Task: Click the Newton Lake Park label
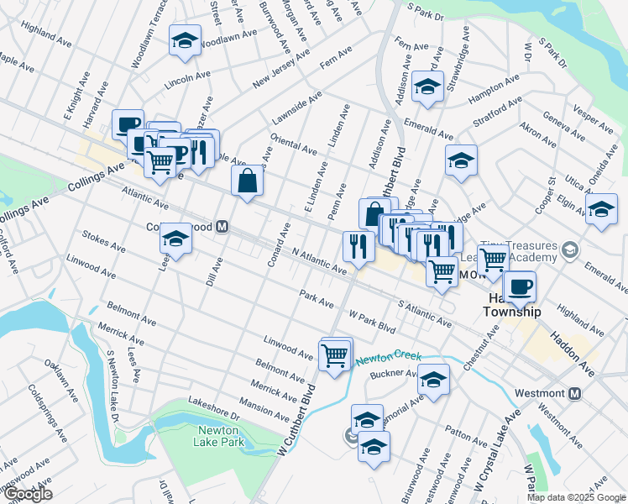(x=220, y=436)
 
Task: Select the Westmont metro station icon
(x=576, y=393)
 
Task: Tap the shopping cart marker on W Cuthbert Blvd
(x=335, y=355)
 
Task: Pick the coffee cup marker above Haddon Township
(x=519, y=286)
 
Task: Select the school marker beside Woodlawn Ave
(x=184, y=40)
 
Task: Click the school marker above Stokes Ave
(x=176, y=239)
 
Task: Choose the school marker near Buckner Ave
(x=433, y=381)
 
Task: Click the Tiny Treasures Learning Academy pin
(x=570, y=250)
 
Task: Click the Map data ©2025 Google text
(x=575, y=497)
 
